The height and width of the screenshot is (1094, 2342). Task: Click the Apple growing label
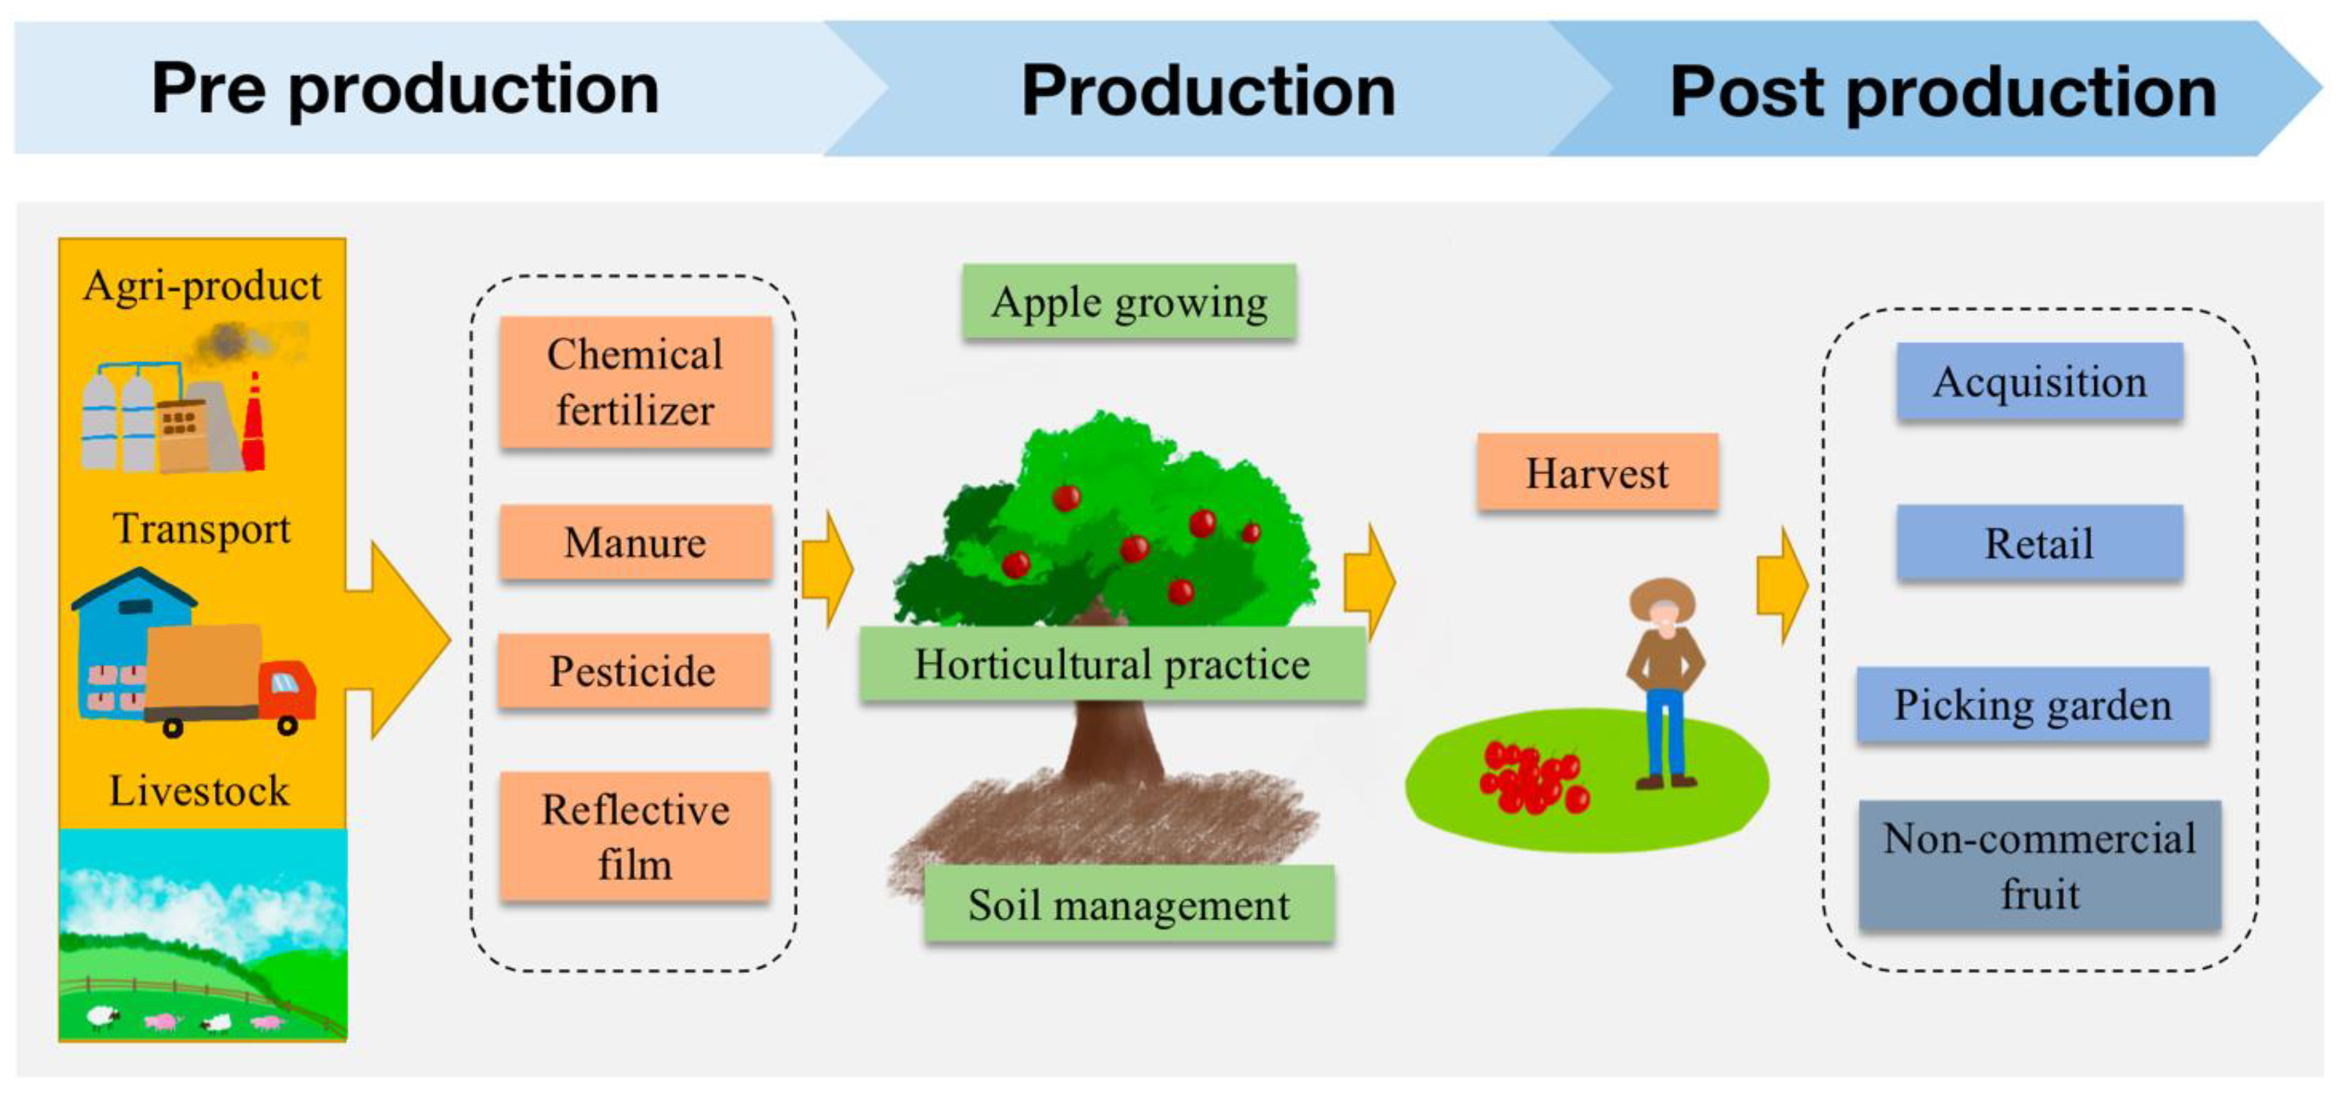click(1129, 302)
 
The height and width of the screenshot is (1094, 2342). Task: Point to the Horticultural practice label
click(1112, 664)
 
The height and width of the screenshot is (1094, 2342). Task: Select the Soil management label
click(1128, 905)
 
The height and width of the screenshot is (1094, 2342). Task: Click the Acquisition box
click(2039, 381)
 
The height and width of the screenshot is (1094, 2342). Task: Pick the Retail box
click(2039, 543)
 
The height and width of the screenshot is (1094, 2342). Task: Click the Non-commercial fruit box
click(2039, 865)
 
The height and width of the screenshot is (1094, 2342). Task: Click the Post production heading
click(1943, 91)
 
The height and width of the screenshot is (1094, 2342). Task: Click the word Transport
click(202, 528)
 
